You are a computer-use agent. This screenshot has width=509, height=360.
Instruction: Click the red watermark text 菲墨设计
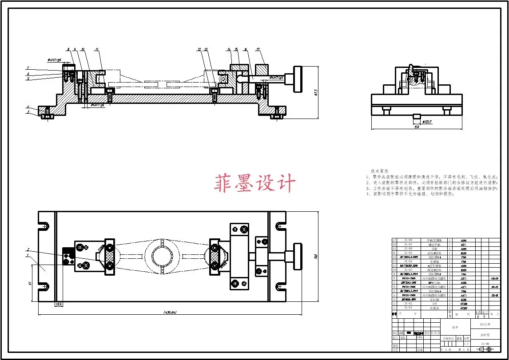click(255, 183)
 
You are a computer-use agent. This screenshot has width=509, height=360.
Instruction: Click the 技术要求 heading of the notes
click(380, 171)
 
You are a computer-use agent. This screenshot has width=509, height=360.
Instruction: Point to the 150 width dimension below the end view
click(417, 127)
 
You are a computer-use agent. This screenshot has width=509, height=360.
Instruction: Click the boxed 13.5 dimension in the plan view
click(58, 304)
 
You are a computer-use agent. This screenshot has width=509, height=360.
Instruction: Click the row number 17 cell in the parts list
click(394, 240)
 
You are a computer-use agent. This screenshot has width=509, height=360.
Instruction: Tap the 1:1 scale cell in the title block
click(465, 344)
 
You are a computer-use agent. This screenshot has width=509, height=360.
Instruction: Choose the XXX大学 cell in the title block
click(485, 325)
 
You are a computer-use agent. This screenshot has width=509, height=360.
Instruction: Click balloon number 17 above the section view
click(258, 49)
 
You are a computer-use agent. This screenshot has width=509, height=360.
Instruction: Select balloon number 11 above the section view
click(97, 49)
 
